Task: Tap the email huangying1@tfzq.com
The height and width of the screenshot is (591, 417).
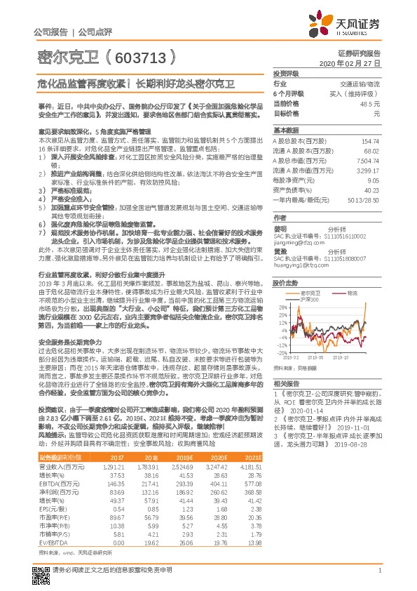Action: tap(299, 265)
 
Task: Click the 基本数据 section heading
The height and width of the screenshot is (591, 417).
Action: tap(286, 131)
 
